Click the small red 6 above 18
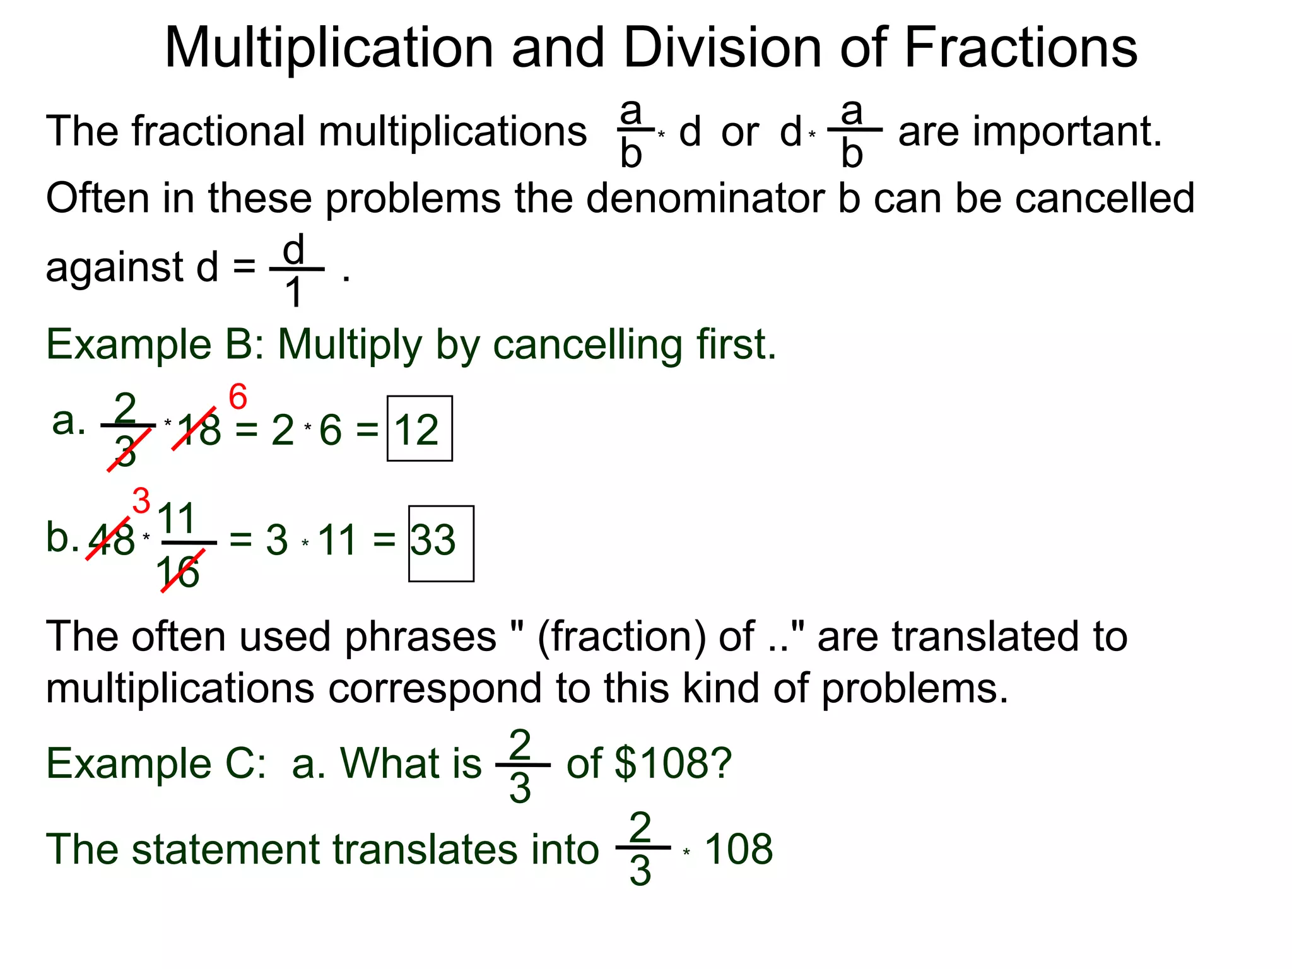(x=237, y=397)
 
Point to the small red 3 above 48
(x=141, y=501)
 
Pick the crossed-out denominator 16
(x=178, y=573)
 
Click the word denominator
(x=705, y=198)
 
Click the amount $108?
(x=672, y=763)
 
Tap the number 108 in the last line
(x=738, y=849)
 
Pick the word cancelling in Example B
(x=587, y=345)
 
